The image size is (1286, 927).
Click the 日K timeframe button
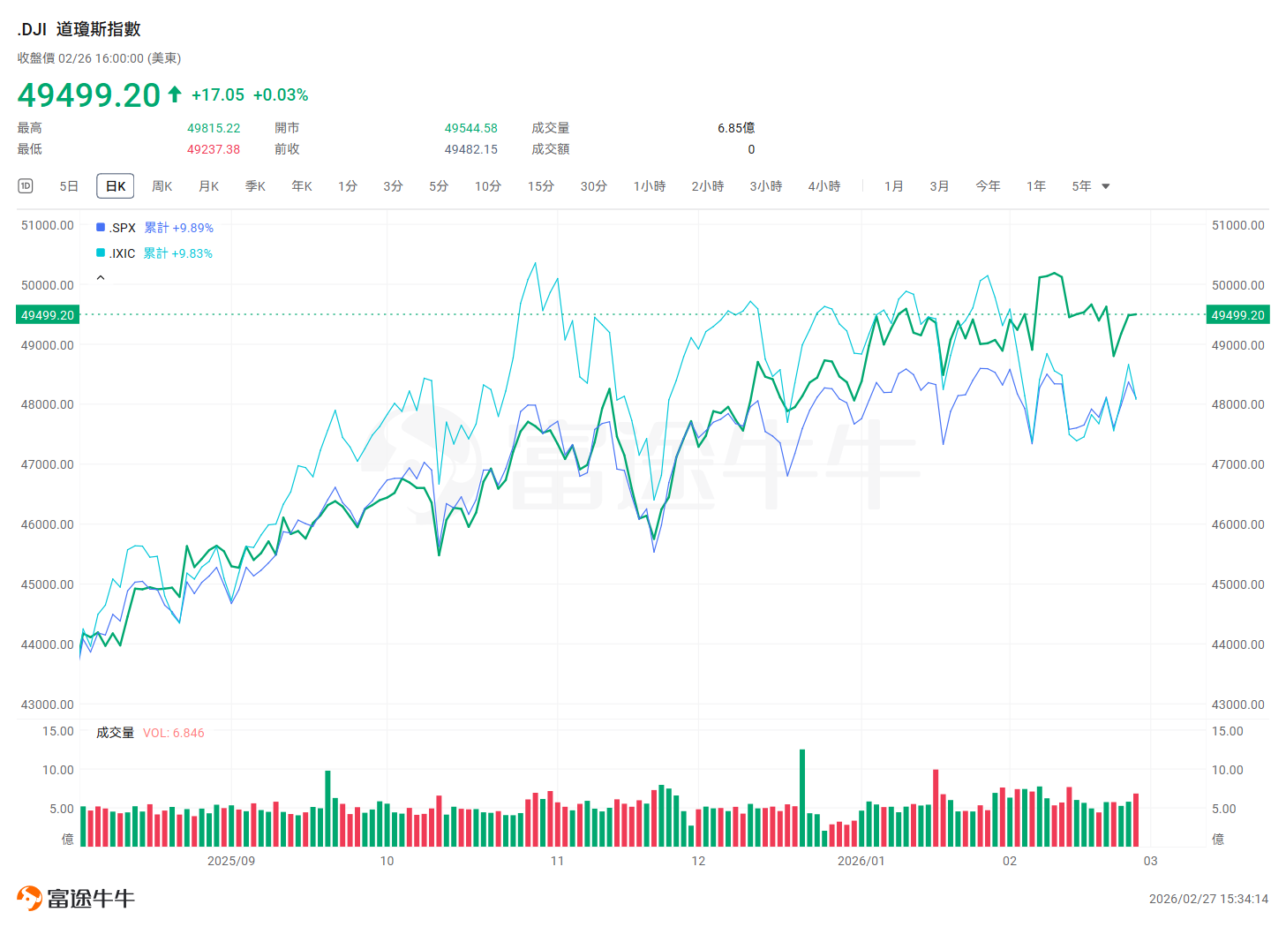tap(116, 186)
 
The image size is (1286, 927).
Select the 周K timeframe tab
tap(162, 186)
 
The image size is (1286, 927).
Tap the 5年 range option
tap(1081, 186)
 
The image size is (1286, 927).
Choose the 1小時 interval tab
tap(650, 186)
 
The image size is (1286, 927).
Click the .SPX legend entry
tap(123, 228)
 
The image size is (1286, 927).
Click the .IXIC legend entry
tap(122, 253)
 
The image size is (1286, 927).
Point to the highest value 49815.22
tap(214, 128)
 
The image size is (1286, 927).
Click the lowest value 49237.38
tap(214, 149)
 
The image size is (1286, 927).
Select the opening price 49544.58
tap(470, 128)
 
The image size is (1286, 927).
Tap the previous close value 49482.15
tap(470, 149)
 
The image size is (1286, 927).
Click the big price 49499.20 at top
tap(89, 94)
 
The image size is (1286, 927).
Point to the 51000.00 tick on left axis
tap(47, 225)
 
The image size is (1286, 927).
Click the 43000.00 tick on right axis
tap(1237, 705)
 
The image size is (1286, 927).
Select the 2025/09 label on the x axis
tap(230, 861)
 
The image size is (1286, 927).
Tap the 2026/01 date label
tap(861, 861)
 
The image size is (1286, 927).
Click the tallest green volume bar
tap(802, 798)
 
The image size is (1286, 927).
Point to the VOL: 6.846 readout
tap(173, 733)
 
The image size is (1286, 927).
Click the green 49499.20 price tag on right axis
tap(1237, 315)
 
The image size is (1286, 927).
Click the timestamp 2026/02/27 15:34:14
tap(1208, 899)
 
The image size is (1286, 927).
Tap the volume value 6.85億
tap(736, 128)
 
